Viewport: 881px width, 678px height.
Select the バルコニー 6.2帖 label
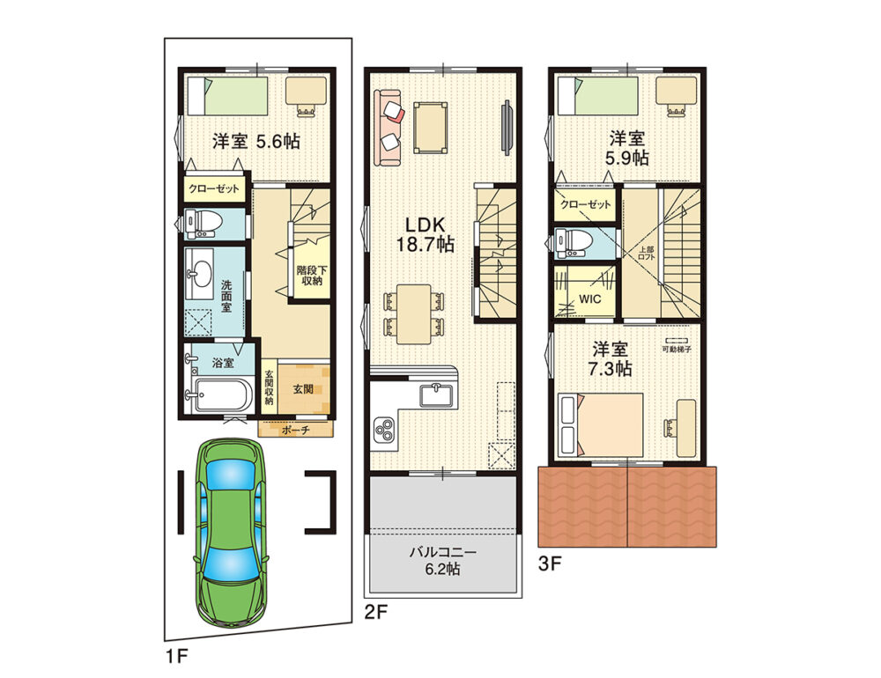[x=442, y=560]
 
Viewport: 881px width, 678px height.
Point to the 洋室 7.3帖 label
[x=611, y=358]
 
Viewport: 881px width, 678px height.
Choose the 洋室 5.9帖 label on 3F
[x=629, y=147]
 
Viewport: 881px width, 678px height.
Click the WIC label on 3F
[x=589, y=298]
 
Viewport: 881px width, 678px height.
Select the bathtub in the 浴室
[x=222, y=395]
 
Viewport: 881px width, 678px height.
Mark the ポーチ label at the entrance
[x=294, y=430]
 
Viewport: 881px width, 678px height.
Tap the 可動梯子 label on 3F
[x=677, y=350]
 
